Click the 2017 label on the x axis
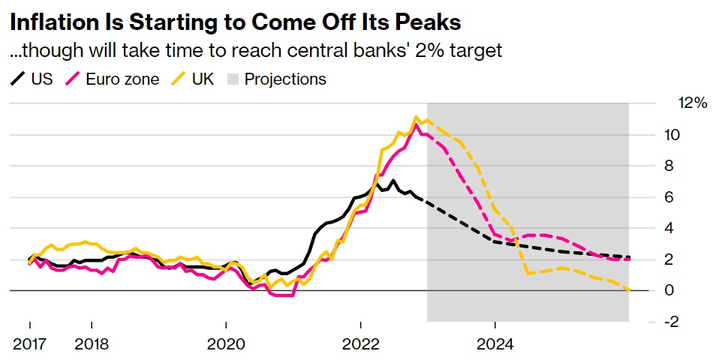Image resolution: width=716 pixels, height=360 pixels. [x=30, y=345]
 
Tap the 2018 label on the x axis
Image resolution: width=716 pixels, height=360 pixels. [x=91, y=345]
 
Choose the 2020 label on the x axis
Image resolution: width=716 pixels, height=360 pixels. [x=226, y=345]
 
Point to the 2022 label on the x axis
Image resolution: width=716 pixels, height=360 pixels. [x=360, y=345]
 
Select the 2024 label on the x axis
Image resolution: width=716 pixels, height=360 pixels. [x=495, y=345]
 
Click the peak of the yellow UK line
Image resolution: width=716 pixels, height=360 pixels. [x=415, y=117]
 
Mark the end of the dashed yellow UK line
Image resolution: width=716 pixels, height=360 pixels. [x=628, y=289]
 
